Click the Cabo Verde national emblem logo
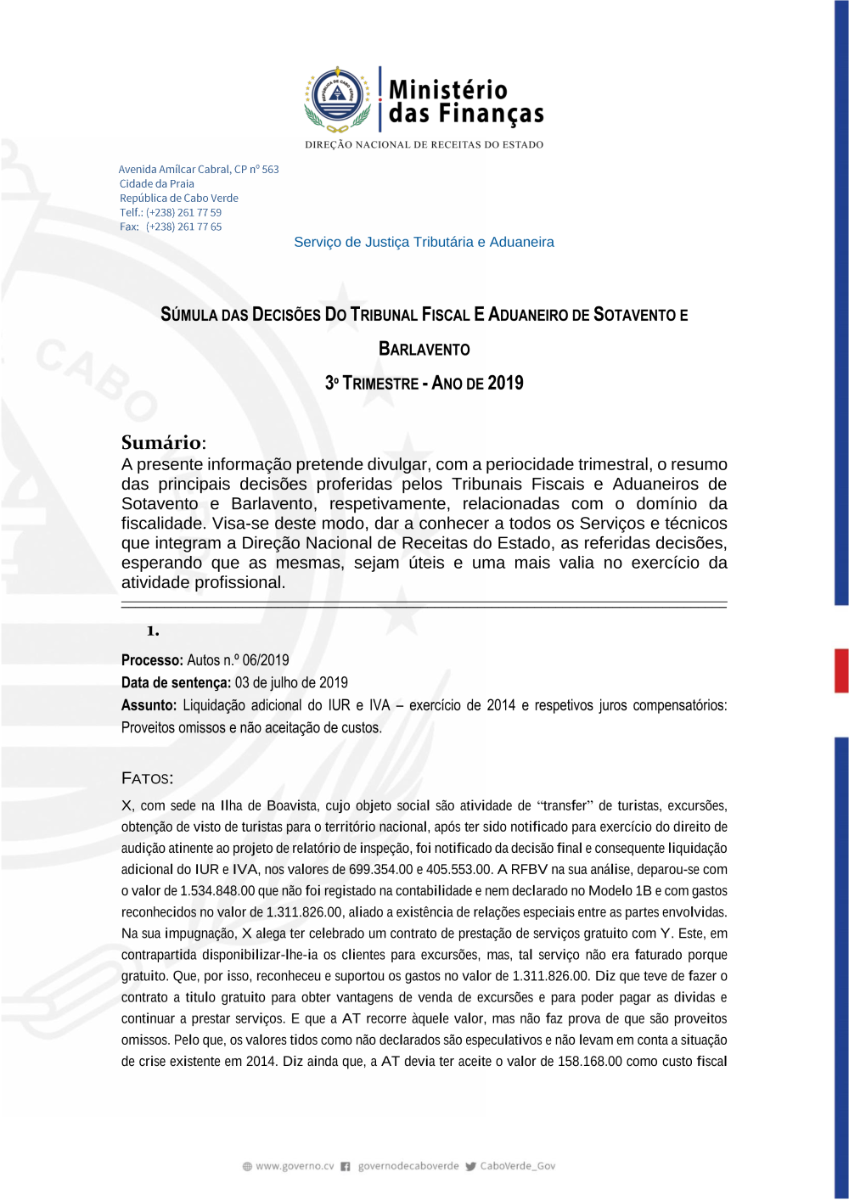click(x=338, y=99)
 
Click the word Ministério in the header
click(x=447, y=89)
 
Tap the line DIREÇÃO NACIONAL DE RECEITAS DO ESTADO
click(x=424, y=144)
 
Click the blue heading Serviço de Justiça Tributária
click(x=424, y=242)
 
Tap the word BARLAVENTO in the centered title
click(x=424, y=349)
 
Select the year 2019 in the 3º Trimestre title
click(x=505, y=383)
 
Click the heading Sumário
click(x=161, y=442)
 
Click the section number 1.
click(x=153, y=631)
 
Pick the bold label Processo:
click(x=152, y=660)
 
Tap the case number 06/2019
click(x=266, y=660)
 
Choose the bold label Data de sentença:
click(x=176, y=682)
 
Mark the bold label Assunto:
click(x=149, y=705)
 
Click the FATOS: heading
click(x=147, y=778)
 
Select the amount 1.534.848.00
click(x=217, y=890)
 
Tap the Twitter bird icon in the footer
click(x=470, y=1166)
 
